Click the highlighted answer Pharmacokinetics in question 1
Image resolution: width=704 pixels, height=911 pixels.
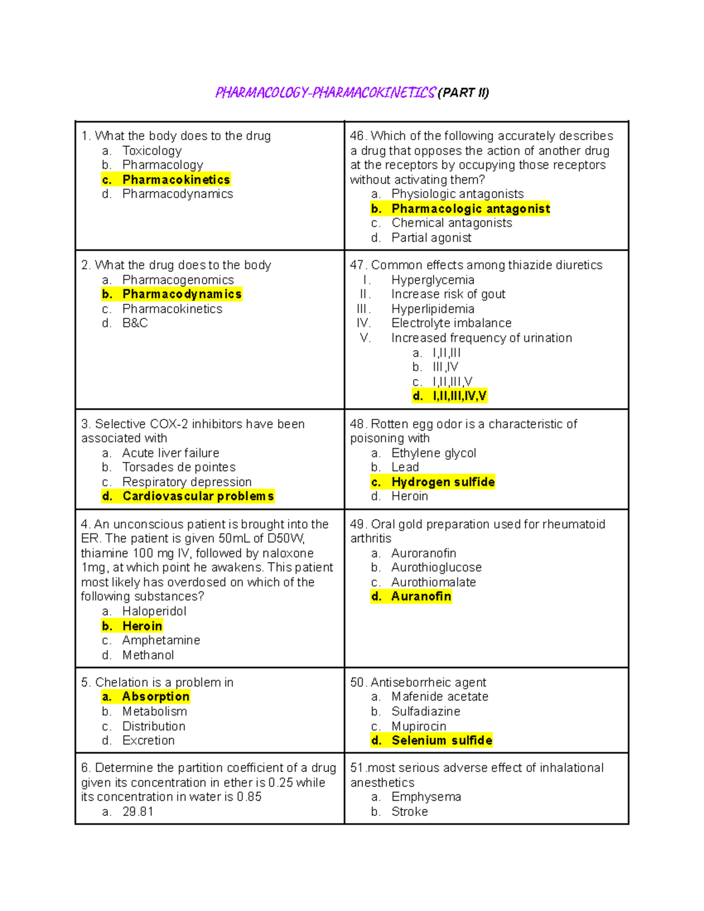point(176,180)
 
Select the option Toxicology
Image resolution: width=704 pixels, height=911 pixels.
point(152,151)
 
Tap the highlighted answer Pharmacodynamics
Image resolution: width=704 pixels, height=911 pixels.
point(182,294)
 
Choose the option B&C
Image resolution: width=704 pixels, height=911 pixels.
point(135,323)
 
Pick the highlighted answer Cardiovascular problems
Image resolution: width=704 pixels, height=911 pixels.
point(198,496)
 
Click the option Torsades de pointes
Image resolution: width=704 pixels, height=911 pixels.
point(179,467)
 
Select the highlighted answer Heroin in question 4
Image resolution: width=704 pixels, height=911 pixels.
point(142,626)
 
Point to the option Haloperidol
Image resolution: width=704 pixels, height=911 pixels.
point(154,611)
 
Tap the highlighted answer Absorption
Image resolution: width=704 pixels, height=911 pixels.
point(155,696)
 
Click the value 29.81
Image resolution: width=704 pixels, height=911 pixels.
point(138,812)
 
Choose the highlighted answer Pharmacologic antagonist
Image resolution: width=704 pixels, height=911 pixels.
point(471,209)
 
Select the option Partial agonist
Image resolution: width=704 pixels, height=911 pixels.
point(431,238)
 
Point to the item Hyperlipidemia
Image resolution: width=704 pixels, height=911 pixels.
point(432,309)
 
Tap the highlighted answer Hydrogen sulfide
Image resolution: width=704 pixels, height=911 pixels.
point(443,482)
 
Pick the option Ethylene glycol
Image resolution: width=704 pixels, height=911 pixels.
point(434,453)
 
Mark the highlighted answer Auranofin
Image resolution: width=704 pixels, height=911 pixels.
point(421,597)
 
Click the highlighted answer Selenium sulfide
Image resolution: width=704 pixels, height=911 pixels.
point(442,740)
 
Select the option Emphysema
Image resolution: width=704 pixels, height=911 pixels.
point(426,797)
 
